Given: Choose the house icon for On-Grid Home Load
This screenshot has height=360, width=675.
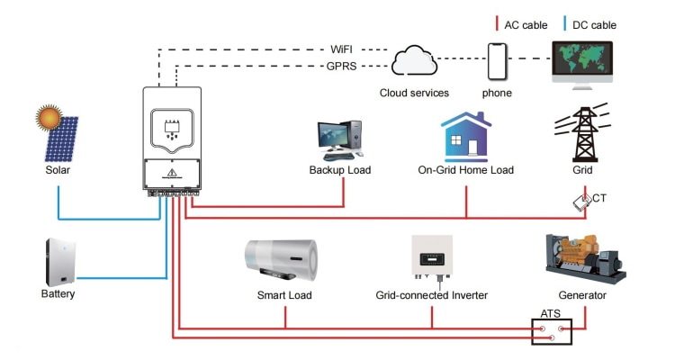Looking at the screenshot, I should tap(465, 136).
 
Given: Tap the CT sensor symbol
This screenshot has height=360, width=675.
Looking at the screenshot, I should tap(582, 202).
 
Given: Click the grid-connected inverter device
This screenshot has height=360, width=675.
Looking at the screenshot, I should tap(431, 260).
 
